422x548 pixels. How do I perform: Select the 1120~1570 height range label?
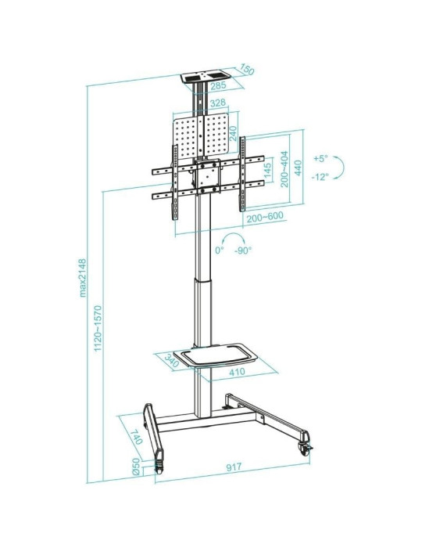click(x=98, y=330)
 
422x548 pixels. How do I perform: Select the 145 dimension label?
click(x=267, y=171)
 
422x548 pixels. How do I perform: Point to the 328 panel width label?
click(x=217, y=103)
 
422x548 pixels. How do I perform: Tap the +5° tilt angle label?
click(x=320, y=159)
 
